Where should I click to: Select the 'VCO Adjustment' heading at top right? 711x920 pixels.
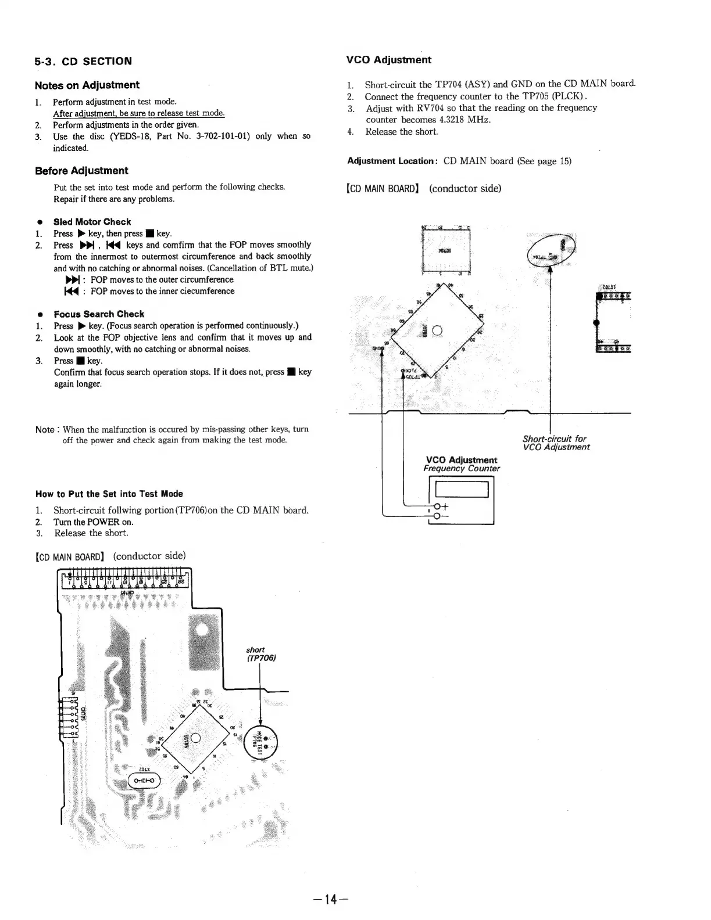(x=388, y=60)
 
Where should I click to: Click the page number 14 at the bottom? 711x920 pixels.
(x=330, y=900)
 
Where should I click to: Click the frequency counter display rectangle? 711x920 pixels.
(x=458, y=489)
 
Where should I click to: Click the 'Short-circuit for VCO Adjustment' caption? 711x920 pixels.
(x=556, y=443)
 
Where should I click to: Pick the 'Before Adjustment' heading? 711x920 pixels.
(x=81, y=171)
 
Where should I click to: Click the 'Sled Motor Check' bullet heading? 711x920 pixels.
(x=92, y=222)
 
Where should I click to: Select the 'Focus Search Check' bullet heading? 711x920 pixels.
(x=99, y=314)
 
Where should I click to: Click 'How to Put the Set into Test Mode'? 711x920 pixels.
(x=109, y=494)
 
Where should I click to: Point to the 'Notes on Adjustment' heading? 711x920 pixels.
(x=87, y=85)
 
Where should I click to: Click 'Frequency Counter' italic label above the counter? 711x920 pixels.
(x=462, y=468)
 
